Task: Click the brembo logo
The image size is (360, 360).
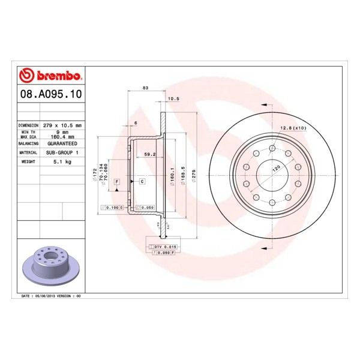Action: [x=50, y=76]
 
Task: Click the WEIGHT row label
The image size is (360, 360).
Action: [x=29, y=161]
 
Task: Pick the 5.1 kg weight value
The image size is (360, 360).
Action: [x=63, y=161]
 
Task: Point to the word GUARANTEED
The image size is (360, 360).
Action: [x=62, y=144]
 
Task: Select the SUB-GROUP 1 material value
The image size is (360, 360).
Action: [x=63, y=153]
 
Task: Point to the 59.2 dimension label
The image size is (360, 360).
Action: [x=150, y=155]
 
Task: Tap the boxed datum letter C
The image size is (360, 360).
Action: [x=142, y=181]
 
